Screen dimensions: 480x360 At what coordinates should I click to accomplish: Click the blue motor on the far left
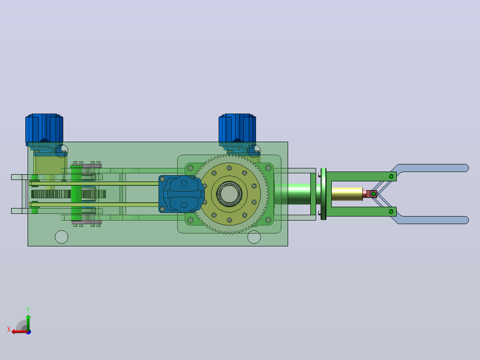(x=45, y=129)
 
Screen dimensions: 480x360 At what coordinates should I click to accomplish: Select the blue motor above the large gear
(x=237, y=129)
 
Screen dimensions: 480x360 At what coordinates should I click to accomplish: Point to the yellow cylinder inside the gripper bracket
(x=347, y=194)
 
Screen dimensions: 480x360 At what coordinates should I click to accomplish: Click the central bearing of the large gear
(x=229, y=194)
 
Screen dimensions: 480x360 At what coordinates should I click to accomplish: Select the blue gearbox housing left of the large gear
(x=182, y=194)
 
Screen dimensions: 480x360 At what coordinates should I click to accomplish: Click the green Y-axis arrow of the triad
(x=28, y=322)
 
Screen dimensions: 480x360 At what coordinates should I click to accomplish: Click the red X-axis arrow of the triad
(x=20, y=331)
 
